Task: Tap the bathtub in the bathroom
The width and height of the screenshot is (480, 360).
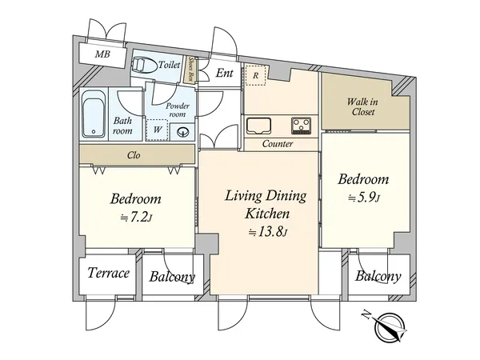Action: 94,114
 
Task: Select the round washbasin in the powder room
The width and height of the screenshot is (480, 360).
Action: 183,132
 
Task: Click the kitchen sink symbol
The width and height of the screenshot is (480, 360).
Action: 259,126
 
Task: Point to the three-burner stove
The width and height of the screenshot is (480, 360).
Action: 301,126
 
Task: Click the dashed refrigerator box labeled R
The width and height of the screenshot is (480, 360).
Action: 256,75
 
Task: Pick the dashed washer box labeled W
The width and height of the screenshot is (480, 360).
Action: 157,130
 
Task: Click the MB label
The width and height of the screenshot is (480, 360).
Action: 102,54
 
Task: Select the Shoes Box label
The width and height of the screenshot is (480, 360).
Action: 191,70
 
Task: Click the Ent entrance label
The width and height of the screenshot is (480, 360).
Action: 224,73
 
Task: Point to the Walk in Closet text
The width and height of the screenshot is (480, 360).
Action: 362,106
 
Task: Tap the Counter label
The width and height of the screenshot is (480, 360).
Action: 278,143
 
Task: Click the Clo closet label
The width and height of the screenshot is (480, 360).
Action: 134,155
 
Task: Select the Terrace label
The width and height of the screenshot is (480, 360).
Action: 108,273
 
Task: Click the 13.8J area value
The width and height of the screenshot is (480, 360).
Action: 269,232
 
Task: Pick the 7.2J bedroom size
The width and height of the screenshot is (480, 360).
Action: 136,218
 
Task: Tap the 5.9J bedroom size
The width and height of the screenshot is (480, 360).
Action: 364,198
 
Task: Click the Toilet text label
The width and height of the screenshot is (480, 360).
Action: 170,65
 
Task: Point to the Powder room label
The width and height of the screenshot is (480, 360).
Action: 178,110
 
